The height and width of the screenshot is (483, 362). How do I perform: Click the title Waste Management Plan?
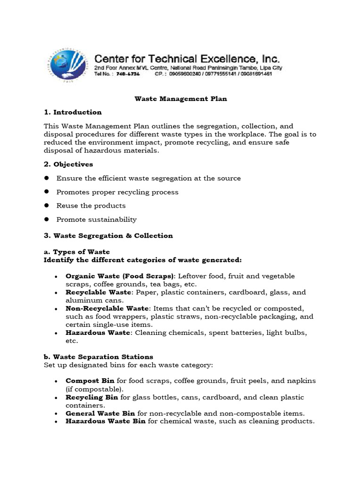[x=181, y=99]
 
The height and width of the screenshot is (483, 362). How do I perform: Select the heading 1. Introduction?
[x=73, y=112]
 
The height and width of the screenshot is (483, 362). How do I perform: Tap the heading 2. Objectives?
[x=68, y=164]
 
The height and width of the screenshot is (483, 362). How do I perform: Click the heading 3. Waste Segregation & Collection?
[x=108, y=235]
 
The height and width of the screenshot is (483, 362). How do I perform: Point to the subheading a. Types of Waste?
[x=76, y=252]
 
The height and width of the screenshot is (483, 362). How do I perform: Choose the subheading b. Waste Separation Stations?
[x=98, y=357]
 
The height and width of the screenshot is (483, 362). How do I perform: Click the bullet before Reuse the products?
[x=47, y=206]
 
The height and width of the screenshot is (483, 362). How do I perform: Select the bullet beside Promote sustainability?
[x=47, y=219]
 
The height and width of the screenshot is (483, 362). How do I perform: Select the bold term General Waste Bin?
[x=100, y=413]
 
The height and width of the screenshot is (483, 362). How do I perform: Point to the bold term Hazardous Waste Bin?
[x=106, y=421]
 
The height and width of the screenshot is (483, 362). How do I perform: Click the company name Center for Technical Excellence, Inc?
[x=187, y=59]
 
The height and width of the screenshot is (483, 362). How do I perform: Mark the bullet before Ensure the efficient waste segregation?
[x=47, y=178]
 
